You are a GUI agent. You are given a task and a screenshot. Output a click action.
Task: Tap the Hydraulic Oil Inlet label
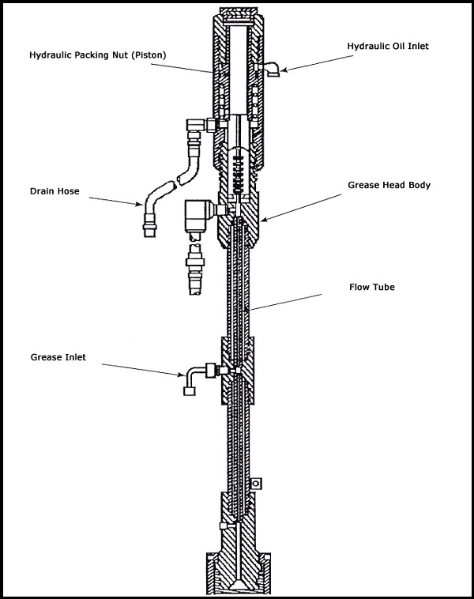(387, 47)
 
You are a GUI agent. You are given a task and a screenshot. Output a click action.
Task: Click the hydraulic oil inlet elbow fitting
(271, 70)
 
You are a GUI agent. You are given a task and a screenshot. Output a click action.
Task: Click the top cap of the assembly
(237, 17)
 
